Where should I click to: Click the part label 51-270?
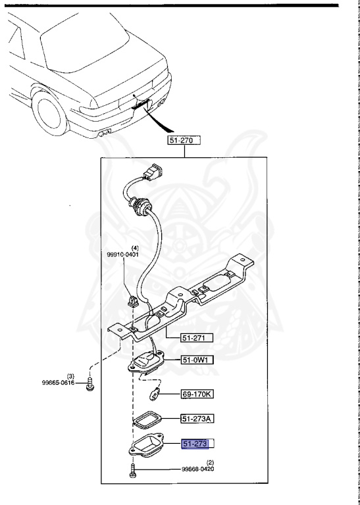click(x=184, y=140)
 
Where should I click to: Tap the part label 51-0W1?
click(x=199, y=360)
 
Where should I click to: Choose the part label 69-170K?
click(x=200, y=395)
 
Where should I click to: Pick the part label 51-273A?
click(x=200, y=419)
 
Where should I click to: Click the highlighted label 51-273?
click(x=199, y=445)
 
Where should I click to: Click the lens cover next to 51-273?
click(x=151, y=446)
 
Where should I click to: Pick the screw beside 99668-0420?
click(x=134, y=469)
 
